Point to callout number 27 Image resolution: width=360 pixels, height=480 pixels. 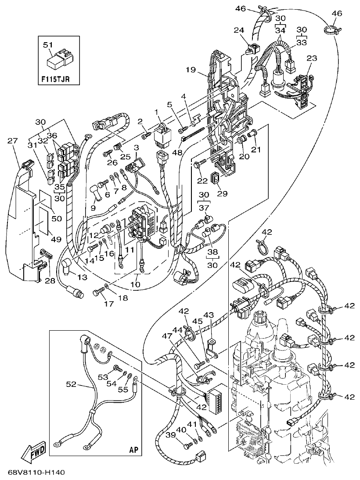tap(13, 141)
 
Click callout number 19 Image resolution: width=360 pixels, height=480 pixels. tap(190, 69)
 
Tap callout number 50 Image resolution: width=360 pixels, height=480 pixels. tap(57, 218)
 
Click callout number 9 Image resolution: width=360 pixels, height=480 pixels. tap(93, 208)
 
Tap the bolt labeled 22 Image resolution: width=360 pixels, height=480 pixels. tap(198, 165)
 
